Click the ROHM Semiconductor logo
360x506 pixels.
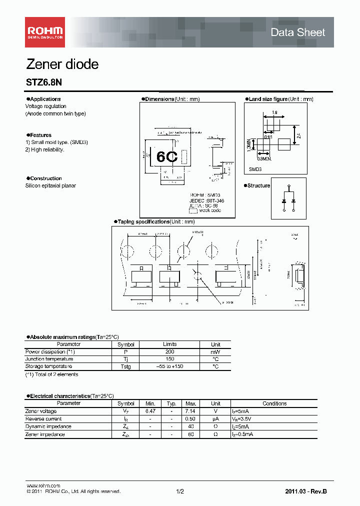coord(45,32)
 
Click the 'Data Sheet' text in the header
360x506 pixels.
coord(297,32)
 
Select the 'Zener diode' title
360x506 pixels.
coord(62,64)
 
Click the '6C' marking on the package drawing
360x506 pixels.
coord(167,156)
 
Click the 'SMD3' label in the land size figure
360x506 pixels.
coord(255,169)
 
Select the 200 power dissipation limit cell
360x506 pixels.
coord(169,351)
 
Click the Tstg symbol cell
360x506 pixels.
coord(125,366)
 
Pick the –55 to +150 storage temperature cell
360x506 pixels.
coord(169,366)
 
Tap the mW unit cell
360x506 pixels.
coord(215,351)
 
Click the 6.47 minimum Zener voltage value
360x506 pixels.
coord(150,411)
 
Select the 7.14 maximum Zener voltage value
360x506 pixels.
coord(191,411)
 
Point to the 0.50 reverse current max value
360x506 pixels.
coord(191,419)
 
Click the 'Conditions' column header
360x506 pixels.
coord(274,403)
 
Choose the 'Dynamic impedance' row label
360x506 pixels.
coord(48,426)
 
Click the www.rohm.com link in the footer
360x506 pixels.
coord(43,485)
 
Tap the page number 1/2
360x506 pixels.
coord(180,492)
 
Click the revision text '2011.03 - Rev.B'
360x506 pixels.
coord(306,492)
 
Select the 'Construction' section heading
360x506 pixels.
coord(45,178)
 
